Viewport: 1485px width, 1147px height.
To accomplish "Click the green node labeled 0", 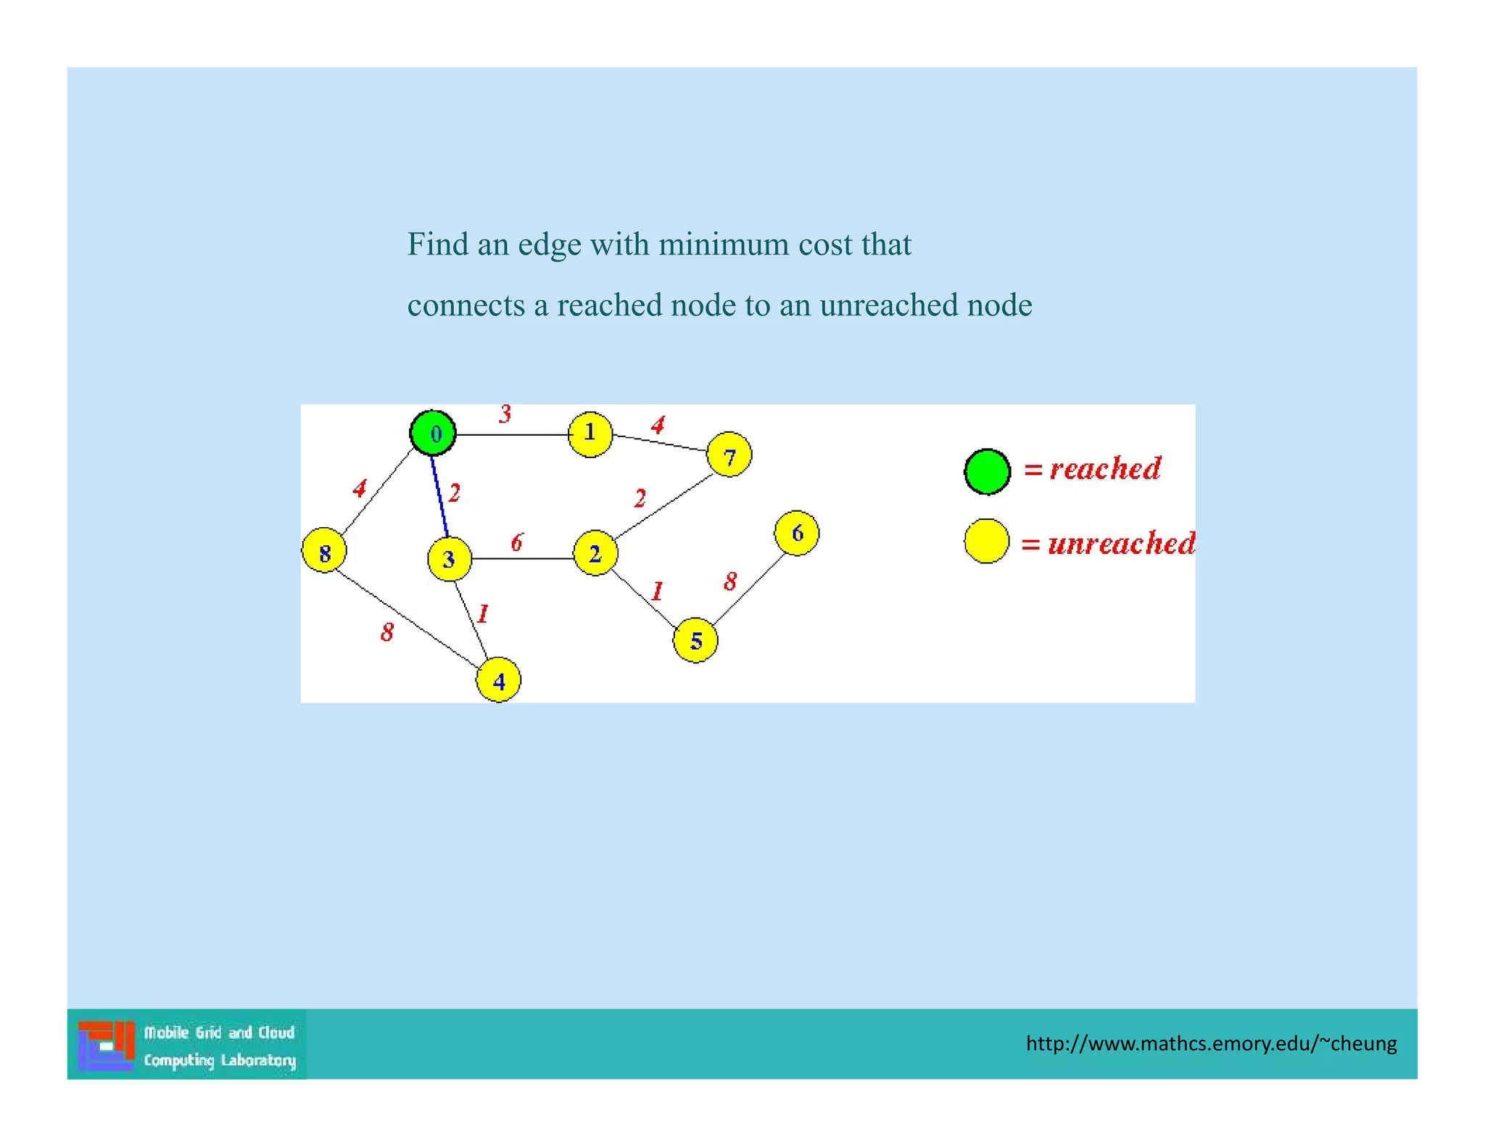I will pyautogui.click(x=433, y=433).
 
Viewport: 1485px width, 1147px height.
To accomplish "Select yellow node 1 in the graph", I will pyautogui.click(x=590, y=434).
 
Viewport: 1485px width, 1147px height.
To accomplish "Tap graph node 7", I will pyautogui.click(x=729, y=455).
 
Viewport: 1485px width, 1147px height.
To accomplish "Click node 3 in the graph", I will pyautogui.click(x=450, y=559).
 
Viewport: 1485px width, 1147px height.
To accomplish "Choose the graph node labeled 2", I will pyautogui.click(x=595, y=553).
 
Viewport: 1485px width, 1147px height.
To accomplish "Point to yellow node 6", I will pyautogui.click(x=797, y=533).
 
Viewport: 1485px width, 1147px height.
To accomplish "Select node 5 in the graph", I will pyautogui.click(x=695, y=640).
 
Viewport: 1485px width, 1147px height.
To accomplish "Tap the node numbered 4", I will pyautogui.click(x=498, y=680).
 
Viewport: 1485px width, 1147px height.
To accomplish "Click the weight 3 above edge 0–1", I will pyautogui.click(x=505, y=413).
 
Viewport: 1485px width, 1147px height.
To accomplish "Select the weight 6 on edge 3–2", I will pyautogui.click(x=516, y=542).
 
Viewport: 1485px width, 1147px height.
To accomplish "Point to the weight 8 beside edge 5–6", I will pyautogui.click(x=730, y=581).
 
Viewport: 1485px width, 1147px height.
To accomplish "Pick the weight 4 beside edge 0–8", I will pyautogui.click(x=360, y=488).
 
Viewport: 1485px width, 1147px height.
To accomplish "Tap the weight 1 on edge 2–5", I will pyautogui.click(x=657, y=591).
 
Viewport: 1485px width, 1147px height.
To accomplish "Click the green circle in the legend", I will pyautogui.click(x=987, y=471).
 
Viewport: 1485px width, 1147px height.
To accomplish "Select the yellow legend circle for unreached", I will pyautogui.click(x=986, y=541).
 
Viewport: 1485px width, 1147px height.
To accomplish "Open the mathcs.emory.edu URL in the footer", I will pyautogui.click(x=1210, y=1043).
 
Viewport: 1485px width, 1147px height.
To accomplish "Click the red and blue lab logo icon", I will pyautogui.click(x=106, y=1045).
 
